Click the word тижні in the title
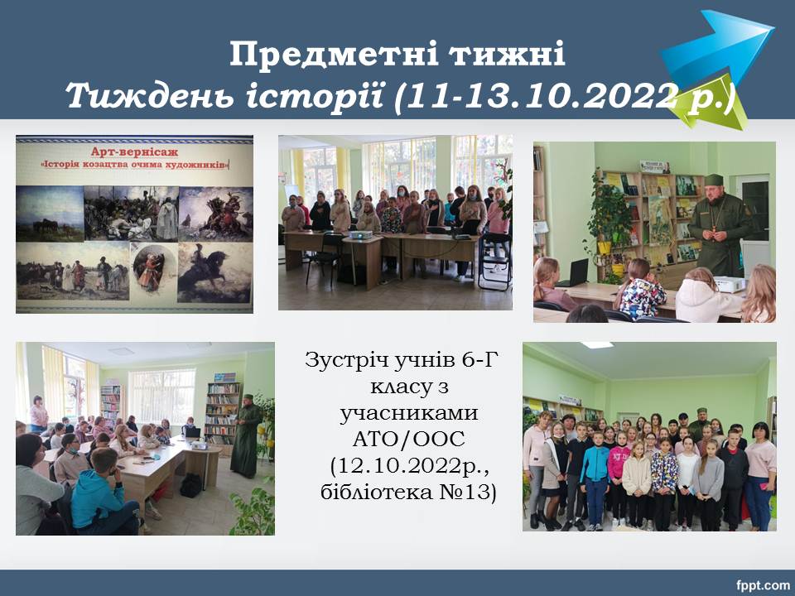click(508, 54)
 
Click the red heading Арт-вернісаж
click(128, 152)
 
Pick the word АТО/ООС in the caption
click(408, 440)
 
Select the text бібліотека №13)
click(408, 492)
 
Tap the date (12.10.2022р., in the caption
click(410, 466)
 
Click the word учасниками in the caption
click(408, 414)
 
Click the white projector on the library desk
click(730, 284)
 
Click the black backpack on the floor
click(191, 485)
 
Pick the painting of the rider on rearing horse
click(214, 272)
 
